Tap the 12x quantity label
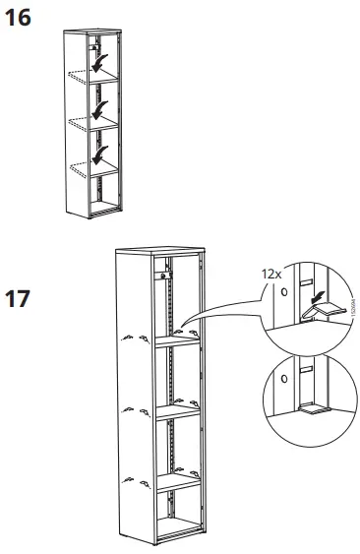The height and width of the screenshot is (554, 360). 271,272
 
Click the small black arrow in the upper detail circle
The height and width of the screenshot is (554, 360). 314,293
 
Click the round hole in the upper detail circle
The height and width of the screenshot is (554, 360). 284,292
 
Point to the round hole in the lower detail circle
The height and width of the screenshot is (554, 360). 284,376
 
